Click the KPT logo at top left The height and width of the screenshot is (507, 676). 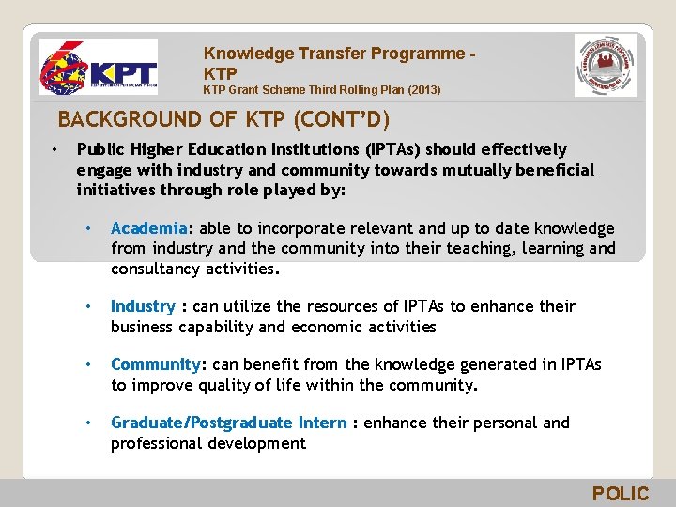coord(98,68)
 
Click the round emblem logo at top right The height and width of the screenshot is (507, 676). coord(605,66)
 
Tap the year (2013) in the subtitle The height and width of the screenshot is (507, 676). coord(420,90)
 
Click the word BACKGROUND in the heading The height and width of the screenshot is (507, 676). coord(116,120)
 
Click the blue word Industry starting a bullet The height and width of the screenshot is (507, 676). coord(143,306)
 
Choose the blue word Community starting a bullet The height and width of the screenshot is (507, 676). coord(155,364)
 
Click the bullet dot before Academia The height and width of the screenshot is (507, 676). coord(86,229)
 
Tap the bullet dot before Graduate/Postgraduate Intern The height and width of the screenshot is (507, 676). coord(86,423)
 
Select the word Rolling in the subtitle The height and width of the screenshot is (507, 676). coord(351,90)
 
